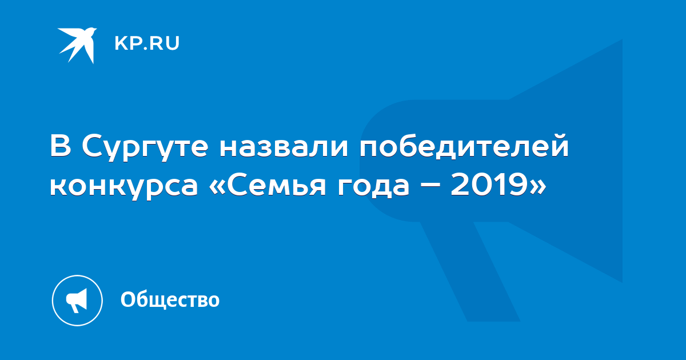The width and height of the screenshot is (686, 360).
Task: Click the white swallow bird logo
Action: (78, 45)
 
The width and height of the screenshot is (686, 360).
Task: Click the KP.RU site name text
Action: (147, 43)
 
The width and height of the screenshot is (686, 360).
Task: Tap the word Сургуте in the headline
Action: (145, 147)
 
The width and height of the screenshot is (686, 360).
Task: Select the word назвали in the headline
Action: (284, 146)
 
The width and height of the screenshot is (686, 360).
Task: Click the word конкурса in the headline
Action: (124, 186)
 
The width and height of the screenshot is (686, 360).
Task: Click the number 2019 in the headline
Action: (488, 184)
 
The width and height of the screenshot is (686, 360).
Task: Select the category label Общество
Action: (170, 299)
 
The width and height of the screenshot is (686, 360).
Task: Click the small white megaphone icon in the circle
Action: (77, 301)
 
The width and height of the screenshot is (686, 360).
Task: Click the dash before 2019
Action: (430, 186)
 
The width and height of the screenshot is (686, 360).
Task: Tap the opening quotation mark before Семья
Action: (217, 186)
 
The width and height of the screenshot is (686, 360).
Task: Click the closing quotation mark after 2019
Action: (537, 186)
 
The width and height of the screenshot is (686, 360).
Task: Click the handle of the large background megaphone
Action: (470, 271)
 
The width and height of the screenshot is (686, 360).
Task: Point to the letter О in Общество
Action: (127, 299)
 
